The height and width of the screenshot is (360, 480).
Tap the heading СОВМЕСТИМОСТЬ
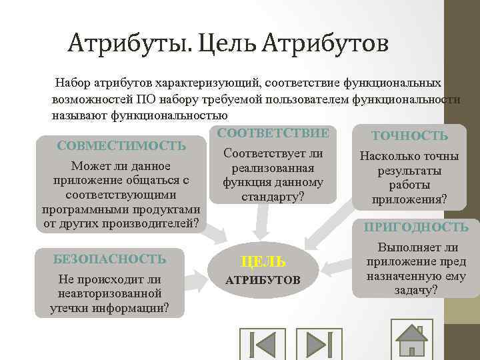[x=122, y=146]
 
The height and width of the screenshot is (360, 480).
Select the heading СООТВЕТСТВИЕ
[x=273, y=133]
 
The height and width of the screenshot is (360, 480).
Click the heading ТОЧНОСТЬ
[x=409, y=136]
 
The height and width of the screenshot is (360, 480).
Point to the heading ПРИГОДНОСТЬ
[x=416, y=227]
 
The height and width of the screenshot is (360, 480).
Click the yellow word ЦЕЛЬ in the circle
[x=263, y=262]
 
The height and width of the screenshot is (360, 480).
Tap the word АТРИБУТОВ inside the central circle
[x=263, y=279]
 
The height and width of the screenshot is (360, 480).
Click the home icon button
[x=411, y=339]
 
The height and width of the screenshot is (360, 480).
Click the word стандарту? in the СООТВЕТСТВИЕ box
[x=273, y=197]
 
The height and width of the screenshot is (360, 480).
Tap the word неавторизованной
[x=110, y=293]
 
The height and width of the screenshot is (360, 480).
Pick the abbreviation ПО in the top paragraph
[x=146, y=99]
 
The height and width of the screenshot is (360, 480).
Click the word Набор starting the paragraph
[x=72, y=83]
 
